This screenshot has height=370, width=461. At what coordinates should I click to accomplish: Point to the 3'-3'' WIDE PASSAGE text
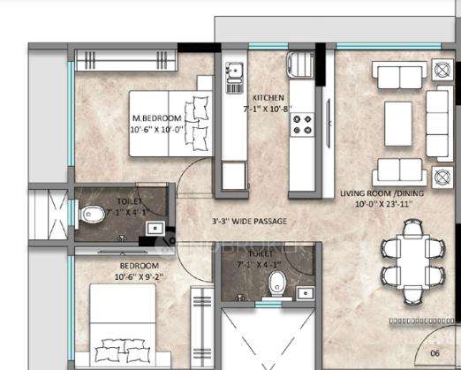tap(248, 221)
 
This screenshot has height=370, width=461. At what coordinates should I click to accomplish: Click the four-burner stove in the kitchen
tap(301, 124)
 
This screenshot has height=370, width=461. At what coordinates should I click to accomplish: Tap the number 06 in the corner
tap(435, 351)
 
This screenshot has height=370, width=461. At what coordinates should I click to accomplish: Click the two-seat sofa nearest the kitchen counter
tap(394, 169)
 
